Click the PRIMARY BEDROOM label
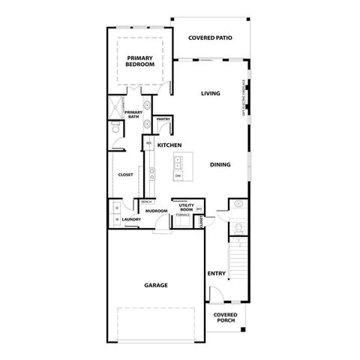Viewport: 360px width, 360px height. (x=140, y=61)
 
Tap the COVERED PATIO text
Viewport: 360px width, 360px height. (x=210, y=37)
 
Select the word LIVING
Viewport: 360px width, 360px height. (x=210, y=94)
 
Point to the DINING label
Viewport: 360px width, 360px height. (x=220, y=164)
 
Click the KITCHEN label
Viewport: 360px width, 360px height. (x=170, y=144)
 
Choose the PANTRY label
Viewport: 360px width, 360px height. (x=163, y=119)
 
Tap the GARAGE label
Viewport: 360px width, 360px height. (x=155, y=285)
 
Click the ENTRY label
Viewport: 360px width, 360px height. (x=216, y=274)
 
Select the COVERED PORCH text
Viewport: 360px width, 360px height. (x=225, y=317)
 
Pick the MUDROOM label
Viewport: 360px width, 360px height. (x=155, y=211)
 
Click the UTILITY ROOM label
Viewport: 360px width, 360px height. (x=186, y=207)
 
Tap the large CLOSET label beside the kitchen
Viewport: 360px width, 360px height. (x=125, y=175)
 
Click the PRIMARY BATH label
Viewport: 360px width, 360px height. (x=133, y=115)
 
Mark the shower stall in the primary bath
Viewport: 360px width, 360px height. (x=117, y=107)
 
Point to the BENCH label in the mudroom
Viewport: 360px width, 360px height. (x=146, y=202)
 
